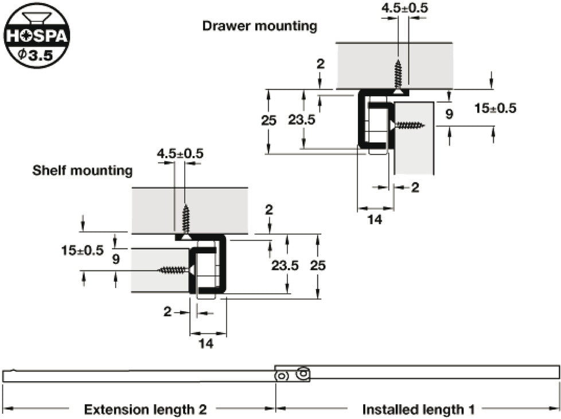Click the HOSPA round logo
coord(37,35)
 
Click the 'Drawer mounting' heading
coord(260,26)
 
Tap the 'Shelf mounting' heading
coord(82,170)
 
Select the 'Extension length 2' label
coord(145,409)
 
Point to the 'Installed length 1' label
coord(419,409)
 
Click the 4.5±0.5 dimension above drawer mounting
coord(404,8)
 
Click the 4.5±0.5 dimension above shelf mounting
coord(180,154)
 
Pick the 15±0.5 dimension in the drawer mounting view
coord(496,108)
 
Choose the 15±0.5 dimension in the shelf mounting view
coord(82,250)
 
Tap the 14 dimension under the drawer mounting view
coord(375,219)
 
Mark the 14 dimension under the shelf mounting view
coord(206,344)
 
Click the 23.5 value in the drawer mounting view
coord(302,120)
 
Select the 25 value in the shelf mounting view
coord(318,265)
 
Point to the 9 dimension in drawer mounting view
coord(449,114)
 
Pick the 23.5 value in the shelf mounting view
coord(285,265)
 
